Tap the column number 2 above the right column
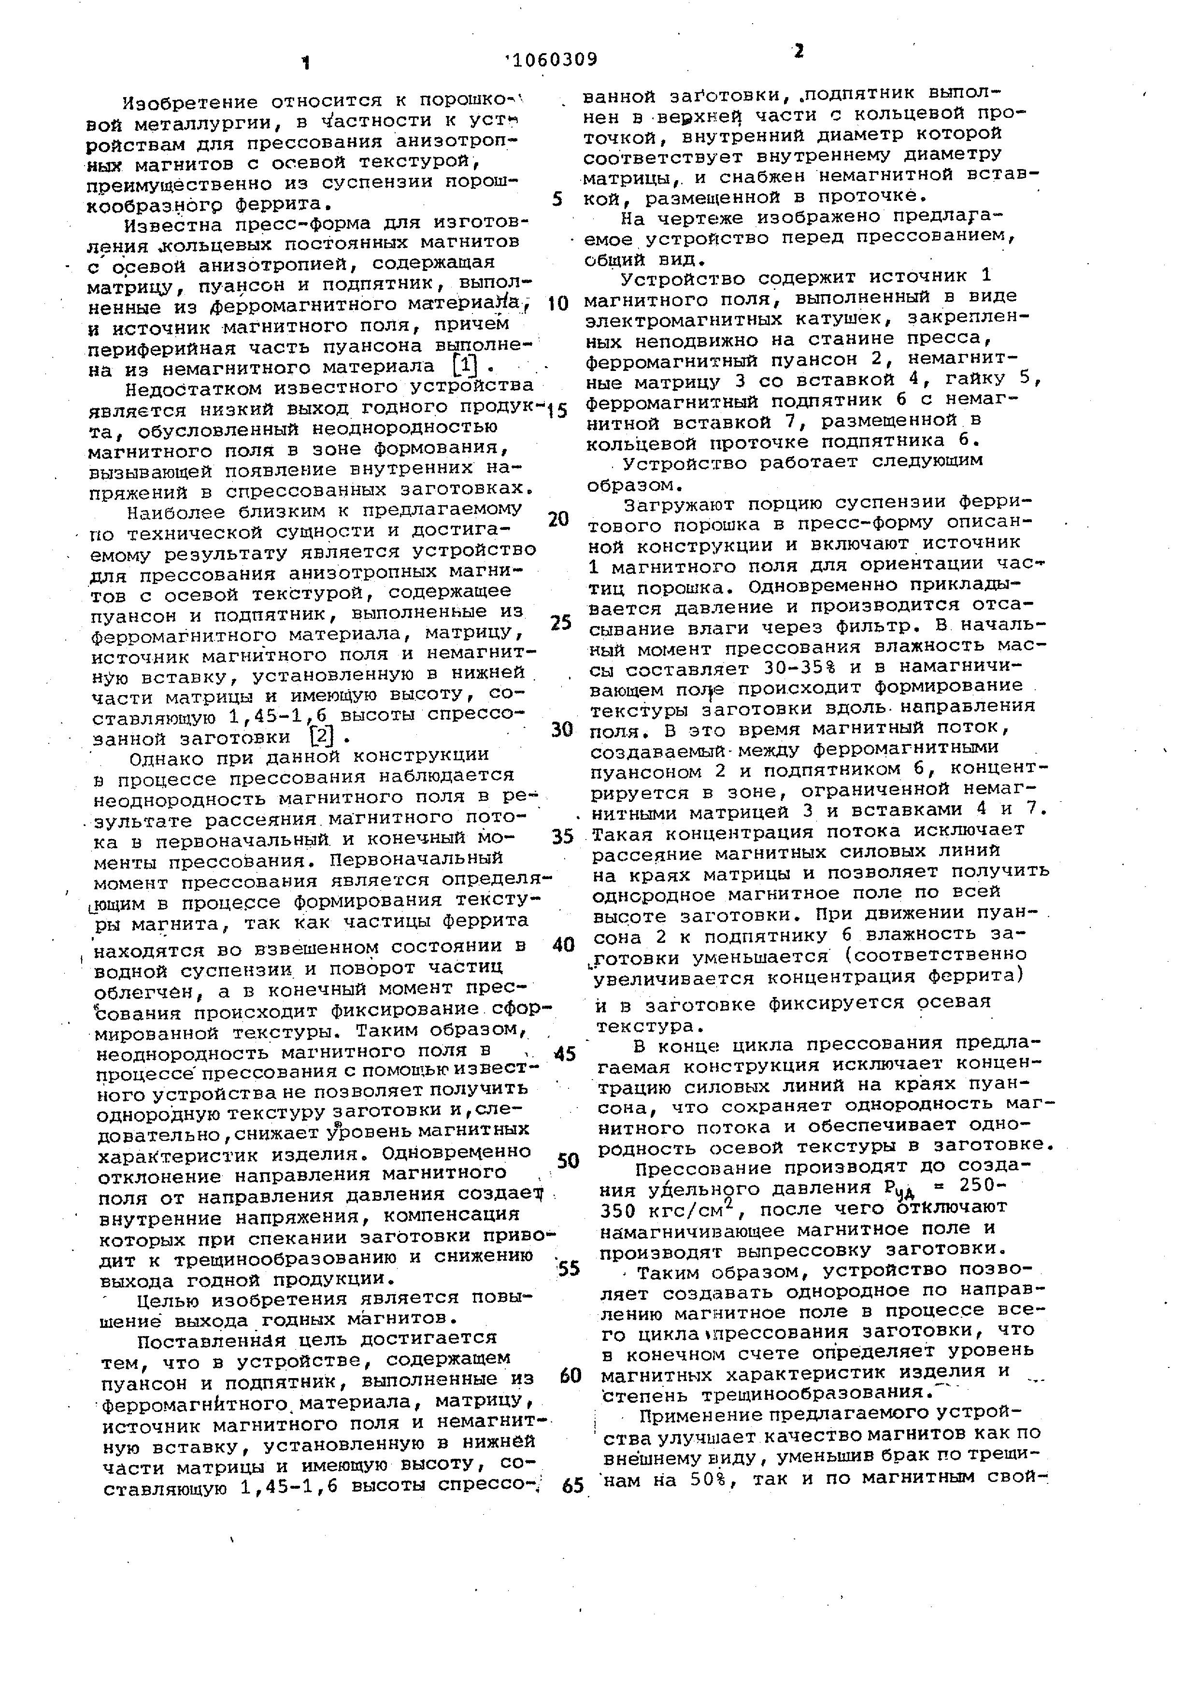click(798, 52)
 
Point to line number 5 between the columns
click(558, 199)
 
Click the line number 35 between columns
click(562, 837)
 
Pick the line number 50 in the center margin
click(568, 1161)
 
